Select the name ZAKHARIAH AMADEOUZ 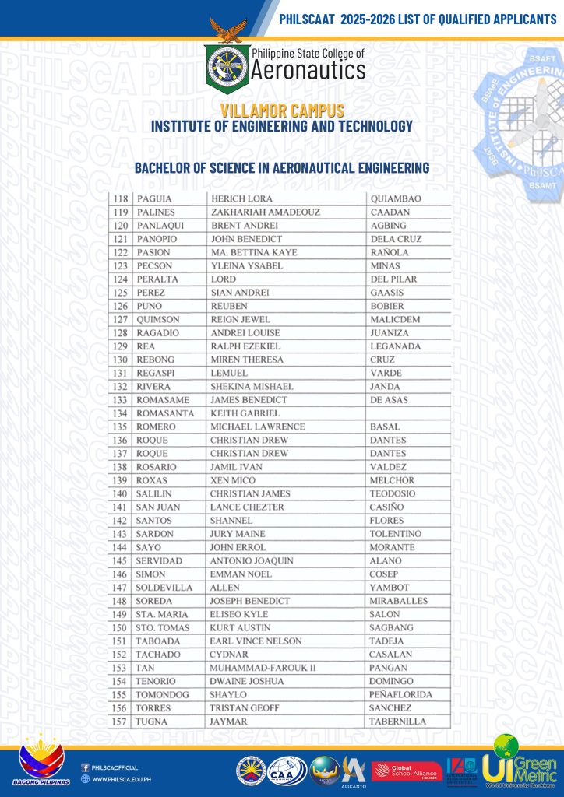point(265,212)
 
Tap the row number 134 point(120,413)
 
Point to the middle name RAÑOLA point(390,253)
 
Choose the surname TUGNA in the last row point(151,722)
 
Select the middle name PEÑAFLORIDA point(401,694)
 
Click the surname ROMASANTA point(166,413)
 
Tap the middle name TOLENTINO point(396,534)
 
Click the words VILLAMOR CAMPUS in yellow point(282,111)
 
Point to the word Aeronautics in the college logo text point(308,72)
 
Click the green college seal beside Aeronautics point(227,66)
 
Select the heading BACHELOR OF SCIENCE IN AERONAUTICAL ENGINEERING point(282,167)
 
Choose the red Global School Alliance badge point(407,771)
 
